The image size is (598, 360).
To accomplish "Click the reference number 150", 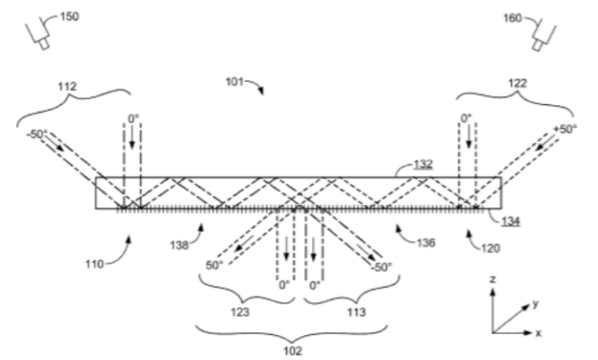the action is coord(70,16).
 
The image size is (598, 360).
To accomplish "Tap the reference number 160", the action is coord(513,18).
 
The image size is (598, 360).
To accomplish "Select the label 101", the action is coord(235,82).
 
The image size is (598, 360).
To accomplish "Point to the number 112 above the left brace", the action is coord(67,87).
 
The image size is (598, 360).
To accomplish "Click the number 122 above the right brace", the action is coord(518,84).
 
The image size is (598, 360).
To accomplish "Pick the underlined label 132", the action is coord(423,164).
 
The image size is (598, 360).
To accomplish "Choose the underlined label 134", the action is coord(511,220).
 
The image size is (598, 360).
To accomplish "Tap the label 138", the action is coord(179,245).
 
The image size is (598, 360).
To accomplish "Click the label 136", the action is coord(426,243).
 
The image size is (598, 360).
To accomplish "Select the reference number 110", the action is coord(95,264).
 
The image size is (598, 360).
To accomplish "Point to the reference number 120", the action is coord(490,249).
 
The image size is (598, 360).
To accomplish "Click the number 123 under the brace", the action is coord(240,312).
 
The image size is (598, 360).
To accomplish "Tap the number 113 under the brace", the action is coord(356,312).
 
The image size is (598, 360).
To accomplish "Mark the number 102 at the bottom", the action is coord(293,351).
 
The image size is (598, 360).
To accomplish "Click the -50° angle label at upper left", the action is coord(37,133).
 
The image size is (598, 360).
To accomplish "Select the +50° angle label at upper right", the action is coord(565,129).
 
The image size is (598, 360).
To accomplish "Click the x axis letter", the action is coord(539,333).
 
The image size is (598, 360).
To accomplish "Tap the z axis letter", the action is coord(493,280).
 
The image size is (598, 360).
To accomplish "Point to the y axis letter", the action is coord(536,304).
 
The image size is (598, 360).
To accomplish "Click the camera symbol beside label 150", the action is coord(38,35).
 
